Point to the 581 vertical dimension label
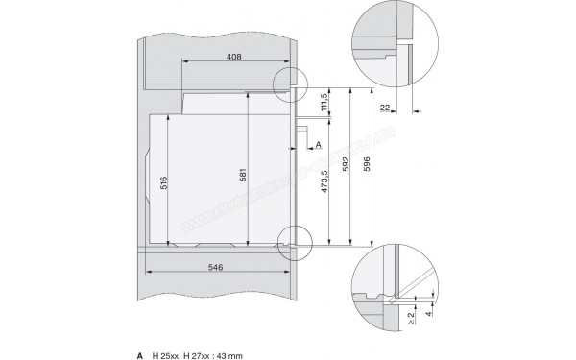(244, 178)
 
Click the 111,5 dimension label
(325, 99)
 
